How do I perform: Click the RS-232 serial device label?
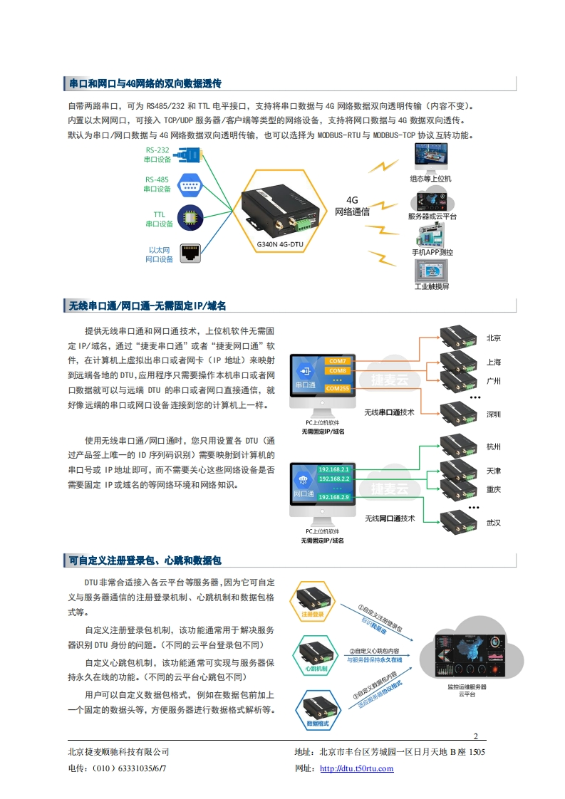click(x=157, y=155)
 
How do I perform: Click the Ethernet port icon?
click(x=190, y=251)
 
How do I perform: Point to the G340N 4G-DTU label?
click(x=280, y=244)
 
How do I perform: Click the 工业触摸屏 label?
click(x=432, y=286)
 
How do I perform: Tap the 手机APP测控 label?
click(x=432, y=252)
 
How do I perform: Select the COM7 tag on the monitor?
click(x=337, y=361)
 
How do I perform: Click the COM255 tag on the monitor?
click(x=337, y=388)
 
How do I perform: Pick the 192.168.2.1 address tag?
click(x=334, y=469)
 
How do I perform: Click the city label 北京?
click(x=493, y=338)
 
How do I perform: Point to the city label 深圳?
click(x=493, y=414)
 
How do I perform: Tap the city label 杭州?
click(x=493, y=447)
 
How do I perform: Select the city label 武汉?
click(x=493, y=523)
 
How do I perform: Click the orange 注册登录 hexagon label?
click(x=312, y=614)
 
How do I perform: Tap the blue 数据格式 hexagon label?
click(x=317, y=724)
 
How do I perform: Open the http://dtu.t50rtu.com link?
click(x=357, y=768)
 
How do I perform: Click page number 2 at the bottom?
click(x=475, y=736)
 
